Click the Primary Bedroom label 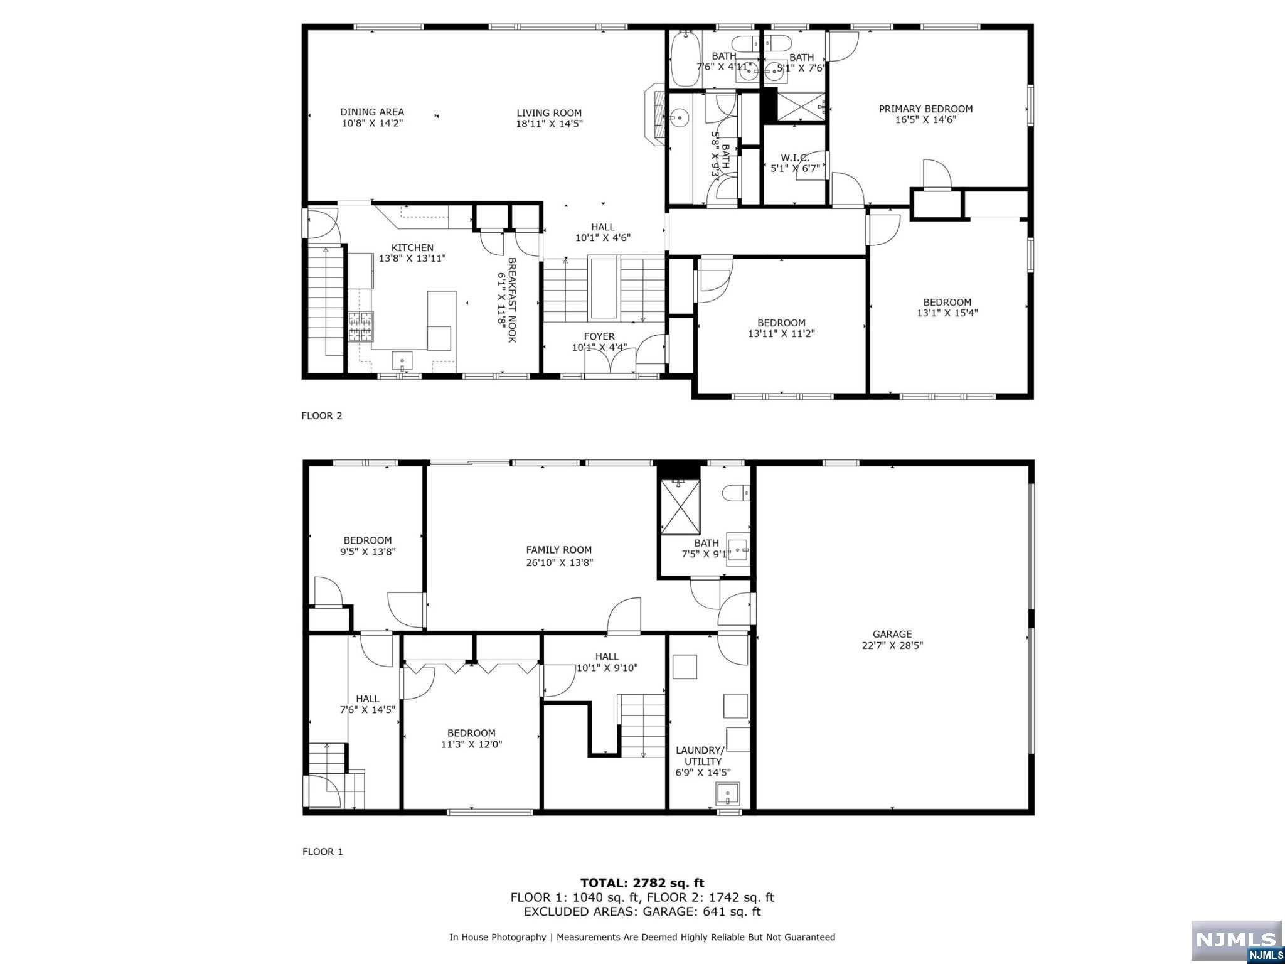[925, 109]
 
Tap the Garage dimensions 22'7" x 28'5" [892, 645]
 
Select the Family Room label [559, 550]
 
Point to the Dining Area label [372, 112]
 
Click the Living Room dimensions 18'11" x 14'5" [549, 124]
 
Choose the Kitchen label [412, 247]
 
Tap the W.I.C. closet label [795, 158]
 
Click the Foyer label [599, 336]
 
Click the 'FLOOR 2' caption [322, 415]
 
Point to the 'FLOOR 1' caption [323, 852]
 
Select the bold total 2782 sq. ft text [642, 883]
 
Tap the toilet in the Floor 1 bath [736, 493]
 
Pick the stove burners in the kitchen [361, 326]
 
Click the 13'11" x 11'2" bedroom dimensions [781, 334]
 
